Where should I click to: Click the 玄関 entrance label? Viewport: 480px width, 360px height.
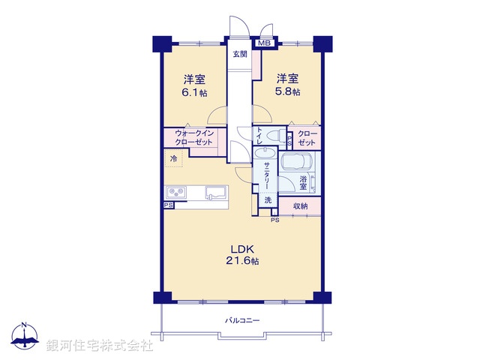239,54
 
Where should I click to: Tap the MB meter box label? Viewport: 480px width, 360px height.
263,43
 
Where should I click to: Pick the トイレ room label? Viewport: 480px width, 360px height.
259,136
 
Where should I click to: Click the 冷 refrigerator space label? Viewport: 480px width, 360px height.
174,159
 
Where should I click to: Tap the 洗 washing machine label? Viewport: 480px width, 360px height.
268,200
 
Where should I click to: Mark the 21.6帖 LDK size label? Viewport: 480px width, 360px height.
244,262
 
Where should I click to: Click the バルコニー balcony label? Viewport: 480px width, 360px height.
242,321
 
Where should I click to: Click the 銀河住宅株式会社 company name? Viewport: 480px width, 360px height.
100,346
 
